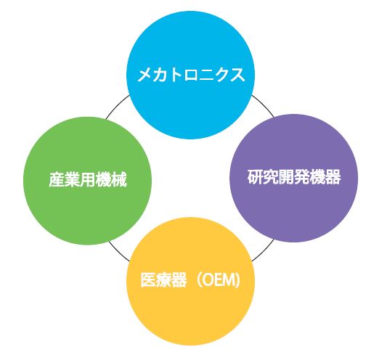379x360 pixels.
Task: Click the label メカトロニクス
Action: pos(191,75)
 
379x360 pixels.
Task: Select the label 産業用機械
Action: pos(88,179)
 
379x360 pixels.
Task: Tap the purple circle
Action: pos(293,178)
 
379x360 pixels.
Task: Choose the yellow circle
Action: pos(190,281)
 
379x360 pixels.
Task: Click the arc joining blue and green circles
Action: pos(117,106)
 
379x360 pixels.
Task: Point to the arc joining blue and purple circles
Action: pos(264,105)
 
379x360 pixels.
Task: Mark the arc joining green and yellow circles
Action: pos(118,253)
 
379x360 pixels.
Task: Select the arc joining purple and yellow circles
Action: pos(264,251)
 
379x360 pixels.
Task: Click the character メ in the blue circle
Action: pos(145,75)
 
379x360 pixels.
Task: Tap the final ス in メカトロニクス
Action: pos(237,75)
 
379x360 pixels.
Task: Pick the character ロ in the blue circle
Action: pos(191,75)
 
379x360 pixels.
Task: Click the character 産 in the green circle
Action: pos(57,179)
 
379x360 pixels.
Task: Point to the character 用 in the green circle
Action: pos(88,179)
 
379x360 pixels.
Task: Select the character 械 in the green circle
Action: pos(119,179)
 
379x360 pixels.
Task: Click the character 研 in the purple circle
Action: pos(255,177)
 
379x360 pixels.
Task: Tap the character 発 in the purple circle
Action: pos(302,177)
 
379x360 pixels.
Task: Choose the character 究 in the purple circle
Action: pos(271,177)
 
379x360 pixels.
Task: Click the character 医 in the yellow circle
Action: pos(148,280)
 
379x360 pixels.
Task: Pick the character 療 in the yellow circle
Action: pos(163,280)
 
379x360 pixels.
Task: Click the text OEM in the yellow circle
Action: pos(218,280)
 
